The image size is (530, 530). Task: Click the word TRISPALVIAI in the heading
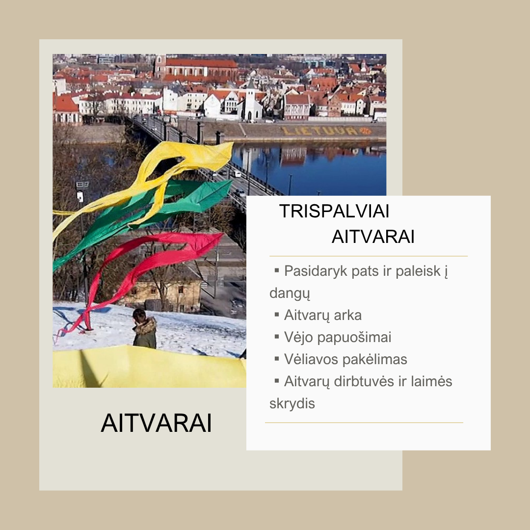334,211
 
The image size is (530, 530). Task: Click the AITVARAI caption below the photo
156,423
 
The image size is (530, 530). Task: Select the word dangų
290,293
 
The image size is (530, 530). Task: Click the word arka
347,315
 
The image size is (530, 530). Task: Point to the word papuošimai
354,337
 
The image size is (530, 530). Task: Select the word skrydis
292,403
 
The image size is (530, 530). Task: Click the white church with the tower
250,102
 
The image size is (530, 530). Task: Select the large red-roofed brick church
198,69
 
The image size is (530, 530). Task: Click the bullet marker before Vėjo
277,337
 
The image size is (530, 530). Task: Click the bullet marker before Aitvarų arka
277,315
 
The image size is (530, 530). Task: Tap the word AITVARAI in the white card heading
373,236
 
